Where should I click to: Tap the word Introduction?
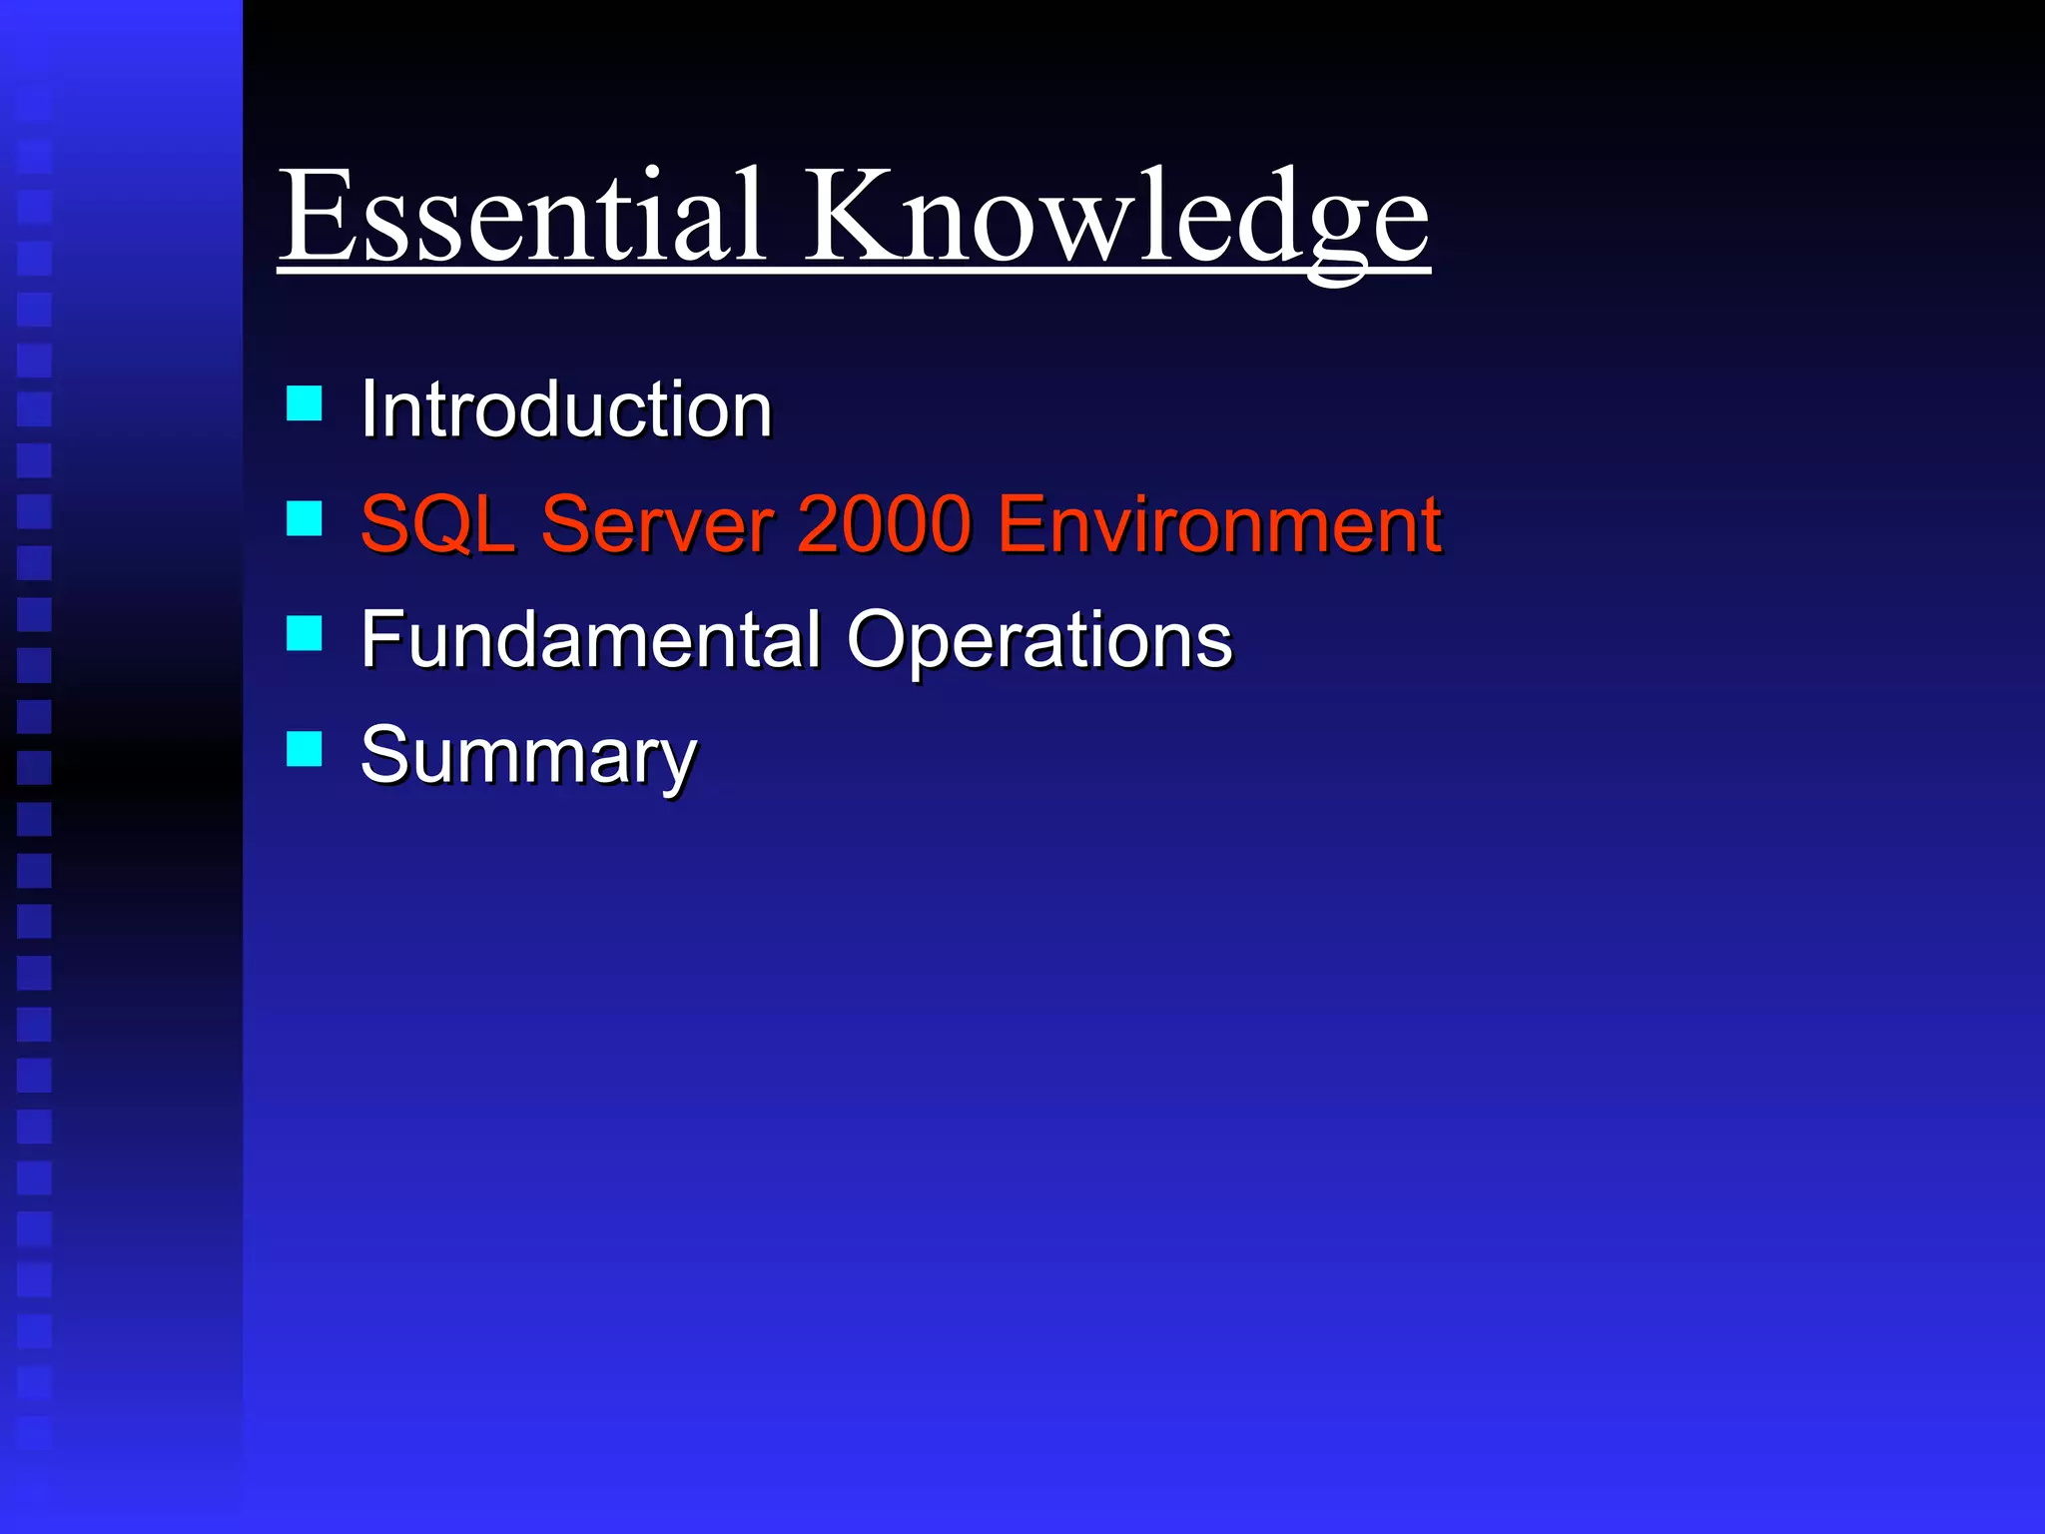[x=566, y=408]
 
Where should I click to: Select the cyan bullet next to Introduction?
[x=304, y=403]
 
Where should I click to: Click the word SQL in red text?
[x=436, y=523]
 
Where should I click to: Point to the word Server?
[x=657, y=523]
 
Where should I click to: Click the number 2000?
[x=884, y=523]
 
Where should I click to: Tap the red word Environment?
[x=1218, y=523]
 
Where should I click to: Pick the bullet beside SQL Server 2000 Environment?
[x=304, y=518]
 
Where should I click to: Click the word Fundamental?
[x=590, y=639]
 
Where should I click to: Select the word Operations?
[x=1039, y=639]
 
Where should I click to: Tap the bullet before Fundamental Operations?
[x=304, y=633]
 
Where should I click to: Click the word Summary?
[x=528, y=755]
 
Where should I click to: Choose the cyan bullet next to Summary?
[x=304, y=748]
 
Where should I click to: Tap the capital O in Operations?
[x=883, y=639]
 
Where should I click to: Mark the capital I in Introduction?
[x=367, y=408]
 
